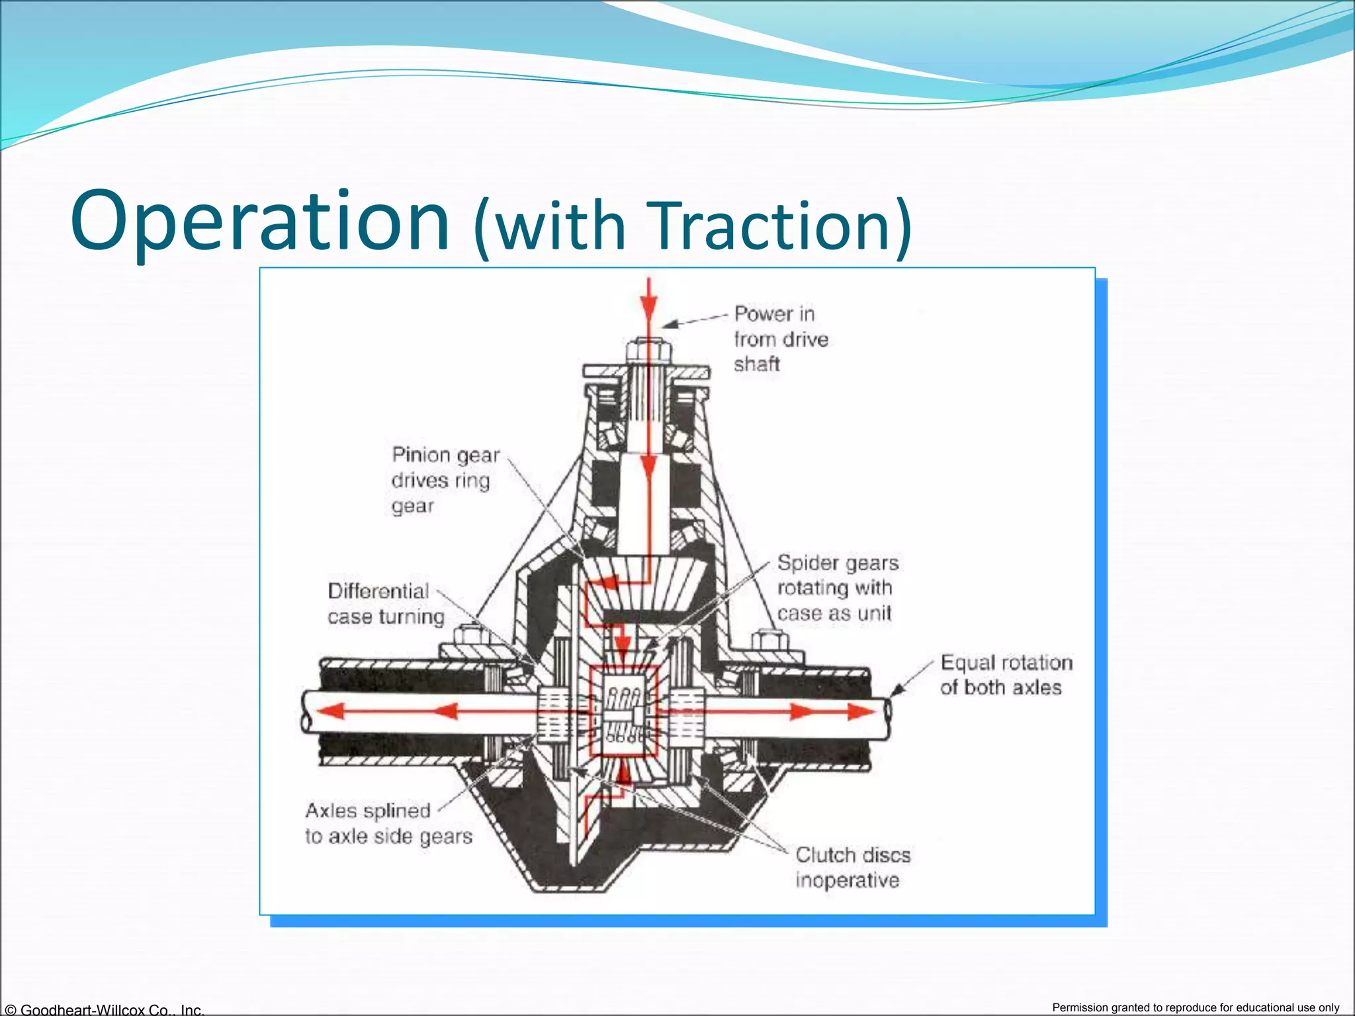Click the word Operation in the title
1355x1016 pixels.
[259, 222]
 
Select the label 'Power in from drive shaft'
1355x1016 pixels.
[781, 339]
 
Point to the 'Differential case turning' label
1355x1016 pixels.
[386, 604]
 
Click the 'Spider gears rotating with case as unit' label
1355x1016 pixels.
[837, 588]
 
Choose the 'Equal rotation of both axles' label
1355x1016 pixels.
[1006, 675]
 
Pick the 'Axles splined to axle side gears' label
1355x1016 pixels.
[388, 824]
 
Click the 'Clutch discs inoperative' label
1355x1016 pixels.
[852, 867]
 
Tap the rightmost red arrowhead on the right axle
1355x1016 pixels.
[862, 712]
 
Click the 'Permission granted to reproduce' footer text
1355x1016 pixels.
[1196, 1007]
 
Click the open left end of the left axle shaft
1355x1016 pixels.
[306, 712]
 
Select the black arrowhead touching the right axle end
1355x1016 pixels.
[897, 691]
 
